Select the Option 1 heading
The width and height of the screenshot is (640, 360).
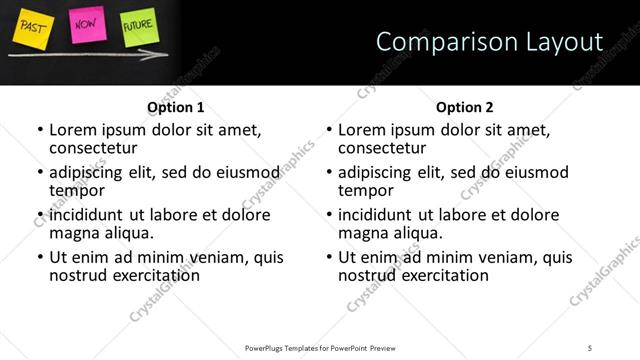click(x=176, y=107)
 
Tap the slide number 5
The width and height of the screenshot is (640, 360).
click(x=590, y=347)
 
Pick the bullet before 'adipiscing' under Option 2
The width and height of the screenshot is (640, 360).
click(x=328, y=172)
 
